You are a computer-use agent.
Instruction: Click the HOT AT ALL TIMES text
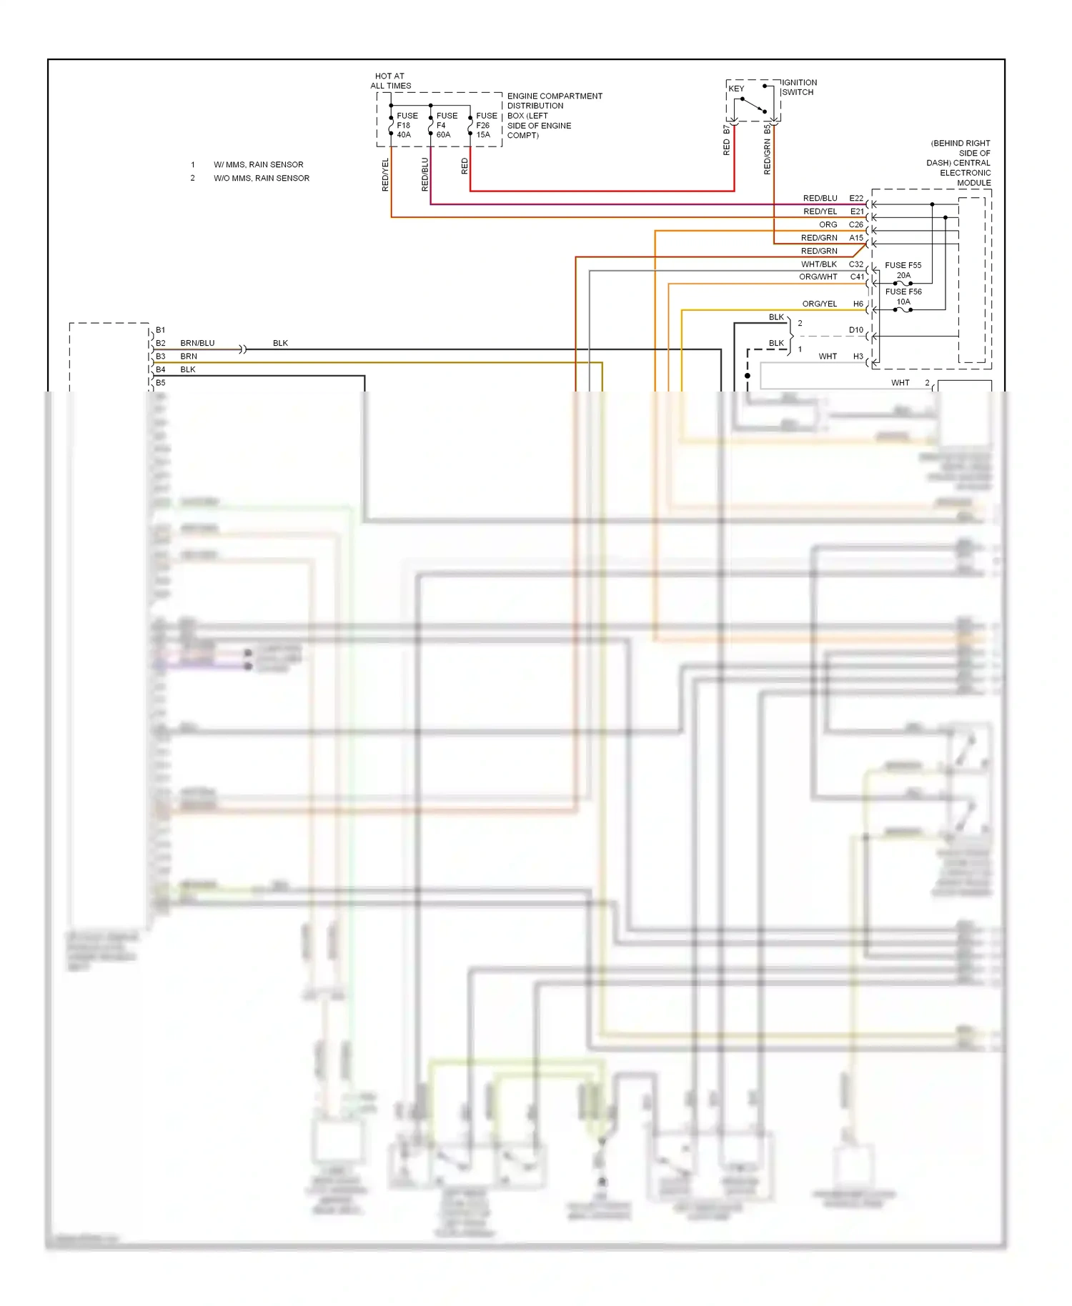(x=390, y=81)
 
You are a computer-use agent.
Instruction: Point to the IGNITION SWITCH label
(x=798, y=87)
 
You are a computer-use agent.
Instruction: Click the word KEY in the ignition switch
(x=736, y=89)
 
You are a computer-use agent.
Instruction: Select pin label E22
(x=856, y=198)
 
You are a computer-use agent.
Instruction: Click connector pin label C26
(x=856, y=224)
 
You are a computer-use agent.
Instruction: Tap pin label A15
(x=856, y=238)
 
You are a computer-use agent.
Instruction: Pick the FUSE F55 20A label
(x=903, y=270)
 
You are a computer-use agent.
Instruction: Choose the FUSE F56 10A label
(x=903, y=296)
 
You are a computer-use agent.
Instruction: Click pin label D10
(x=856, y=330)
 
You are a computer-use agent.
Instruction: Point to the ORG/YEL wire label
(x=819, y=304)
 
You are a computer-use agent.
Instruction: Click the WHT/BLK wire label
(x=818, y=264)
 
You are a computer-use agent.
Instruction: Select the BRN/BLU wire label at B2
(x=197, y=343)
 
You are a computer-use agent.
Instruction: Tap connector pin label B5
(x=161, y=383)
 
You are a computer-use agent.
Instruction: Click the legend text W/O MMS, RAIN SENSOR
(x=261, y=178)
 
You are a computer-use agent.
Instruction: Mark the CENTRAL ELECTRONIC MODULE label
(x=960, y=163)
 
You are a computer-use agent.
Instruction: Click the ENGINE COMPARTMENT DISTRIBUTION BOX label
(x=554, y=115)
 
